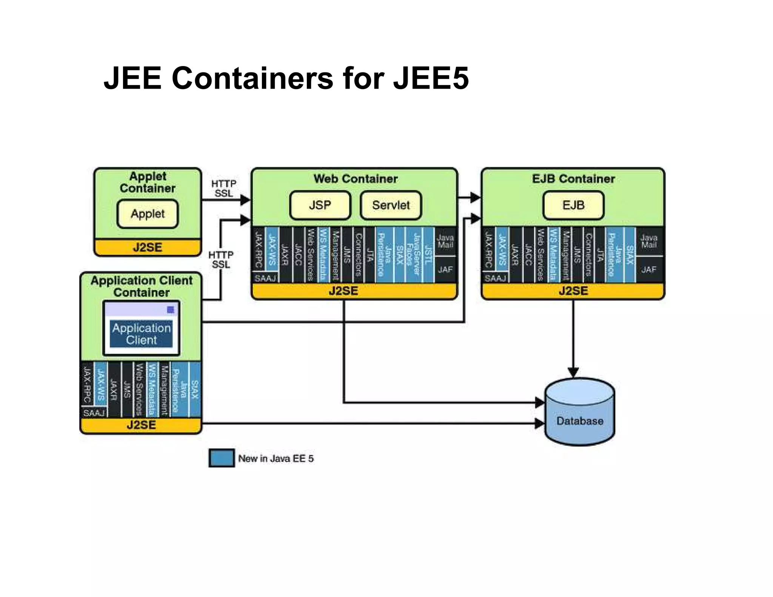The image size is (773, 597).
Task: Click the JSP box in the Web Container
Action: (320, 205)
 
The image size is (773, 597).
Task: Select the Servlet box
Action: (391, 205)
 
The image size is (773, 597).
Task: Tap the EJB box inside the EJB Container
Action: (573, 205)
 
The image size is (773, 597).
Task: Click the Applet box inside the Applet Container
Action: (148, 214)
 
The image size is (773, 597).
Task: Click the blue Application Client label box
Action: (141, 334)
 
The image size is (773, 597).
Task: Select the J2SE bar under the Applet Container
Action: (148, 248)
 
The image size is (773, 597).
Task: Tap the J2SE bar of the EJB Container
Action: (573, 291)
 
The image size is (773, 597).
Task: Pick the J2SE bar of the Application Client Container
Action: (141, 425)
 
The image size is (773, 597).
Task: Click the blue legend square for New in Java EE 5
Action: (222, 458)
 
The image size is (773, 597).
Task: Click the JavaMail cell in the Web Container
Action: (445, 241)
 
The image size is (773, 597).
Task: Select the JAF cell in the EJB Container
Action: (649, 269)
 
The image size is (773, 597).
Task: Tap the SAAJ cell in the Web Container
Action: (265, 278)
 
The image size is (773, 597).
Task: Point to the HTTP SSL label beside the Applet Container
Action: (223, 188)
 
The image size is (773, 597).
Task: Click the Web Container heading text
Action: (355, 178)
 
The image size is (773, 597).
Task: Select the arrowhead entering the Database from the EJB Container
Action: (573, 372)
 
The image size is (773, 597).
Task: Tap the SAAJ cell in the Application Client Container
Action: (94, 412)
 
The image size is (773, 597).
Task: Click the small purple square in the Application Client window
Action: (171, 310)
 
